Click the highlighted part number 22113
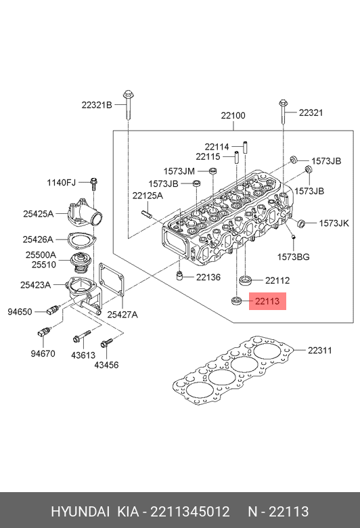pos(267,301)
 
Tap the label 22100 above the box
pos(233,116)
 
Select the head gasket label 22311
pos(320,350)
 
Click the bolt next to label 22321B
pos(128,104)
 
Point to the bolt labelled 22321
pos(283,112)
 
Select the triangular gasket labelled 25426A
pos(82,240)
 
